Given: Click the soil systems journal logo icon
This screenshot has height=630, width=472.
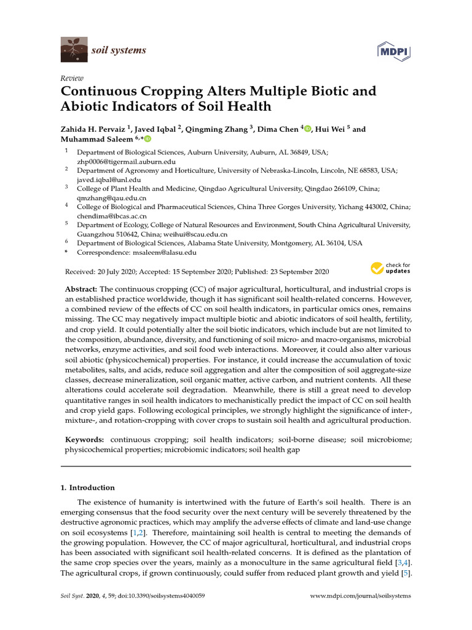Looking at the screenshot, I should [74, 50].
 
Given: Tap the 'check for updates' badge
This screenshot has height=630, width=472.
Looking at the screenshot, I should [390, 268].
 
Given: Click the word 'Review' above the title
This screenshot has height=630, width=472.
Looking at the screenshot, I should [72, 78].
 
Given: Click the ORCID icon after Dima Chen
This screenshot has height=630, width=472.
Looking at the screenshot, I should [308, 129].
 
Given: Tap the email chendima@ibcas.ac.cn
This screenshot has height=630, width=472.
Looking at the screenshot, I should [112, 216].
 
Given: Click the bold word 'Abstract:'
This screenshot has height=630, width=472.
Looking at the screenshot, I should [81, 289].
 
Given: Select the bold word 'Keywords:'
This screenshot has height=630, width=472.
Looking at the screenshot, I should [85, 441].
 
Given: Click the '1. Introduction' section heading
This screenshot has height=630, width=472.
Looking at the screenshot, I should [88, 488].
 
